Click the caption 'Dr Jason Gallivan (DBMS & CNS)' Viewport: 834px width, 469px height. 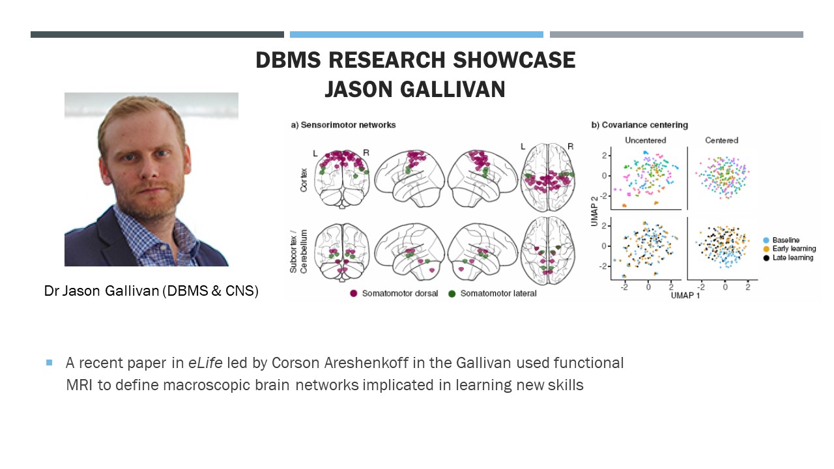pyautogui.click(x=151, y=291)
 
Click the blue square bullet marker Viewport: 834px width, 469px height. pyautogui.click(x=49, y=362)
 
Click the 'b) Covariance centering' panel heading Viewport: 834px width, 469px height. pyautogui.click(x=640, y=124)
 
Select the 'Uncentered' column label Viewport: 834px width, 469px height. pyautogui.click(x=644, y=140)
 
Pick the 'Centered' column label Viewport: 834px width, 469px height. pyautogui.click(x=722, y=140)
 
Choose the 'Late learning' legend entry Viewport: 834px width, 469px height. pyautogui.click(x=792, y=257)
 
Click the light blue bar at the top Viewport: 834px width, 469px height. pyautogui.click(x=416, y=35)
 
